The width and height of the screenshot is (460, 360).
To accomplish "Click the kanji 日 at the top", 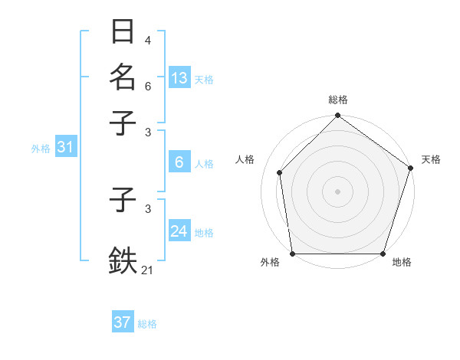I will tap(123, 32).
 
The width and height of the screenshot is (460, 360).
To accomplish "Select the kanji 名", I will tap(123, 77).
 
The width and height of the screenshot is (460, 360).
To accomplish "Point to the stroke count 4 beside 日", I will tap(147, 41).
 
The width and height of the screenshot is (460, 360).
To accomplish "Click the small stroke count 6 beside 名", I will tap(147, 86).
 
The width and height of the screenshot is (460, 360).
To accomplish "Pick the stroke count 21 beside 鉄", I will tap(147, 270).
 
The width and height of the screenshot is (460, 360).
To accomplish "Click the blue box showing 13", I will tap(179, 78).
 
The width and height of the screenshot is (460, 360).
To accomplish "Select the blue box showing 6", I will tap(179, 162).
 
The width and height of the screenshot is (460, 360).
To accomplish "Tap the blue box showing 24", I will tap(179, 231).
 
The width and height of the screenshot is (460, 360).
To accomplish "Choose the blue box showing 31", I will tap(64, 147).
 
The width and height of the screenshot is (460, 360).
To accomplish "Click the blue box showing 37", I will tap(122, 322).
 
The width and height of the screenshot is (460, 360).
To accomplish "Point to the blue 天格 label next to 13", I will tap(204, 79).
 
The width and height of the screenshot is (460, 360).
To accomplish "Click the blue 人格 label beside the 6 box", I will tap(204, 163).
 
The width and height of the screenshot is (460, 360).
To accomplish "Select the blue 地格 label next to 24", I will tap(204, 232).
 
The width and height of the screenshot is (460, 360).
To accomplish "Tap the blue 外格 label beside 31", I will tap(40, 148).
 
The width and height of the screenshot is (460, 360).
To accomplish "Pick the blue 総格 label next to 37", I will tap(147, 323).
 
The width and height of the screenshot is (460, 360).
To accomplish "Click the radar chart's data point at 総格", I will tap(337, 116).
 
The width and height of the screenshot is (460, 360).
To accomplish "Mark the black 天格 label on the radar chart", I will tap(431, 159).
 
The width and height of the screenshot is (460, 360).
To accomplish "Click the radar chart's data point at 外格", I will tap(292, 254).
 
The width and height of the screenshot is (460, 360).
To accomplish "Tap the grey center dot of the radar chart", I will tap(337, 191).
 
